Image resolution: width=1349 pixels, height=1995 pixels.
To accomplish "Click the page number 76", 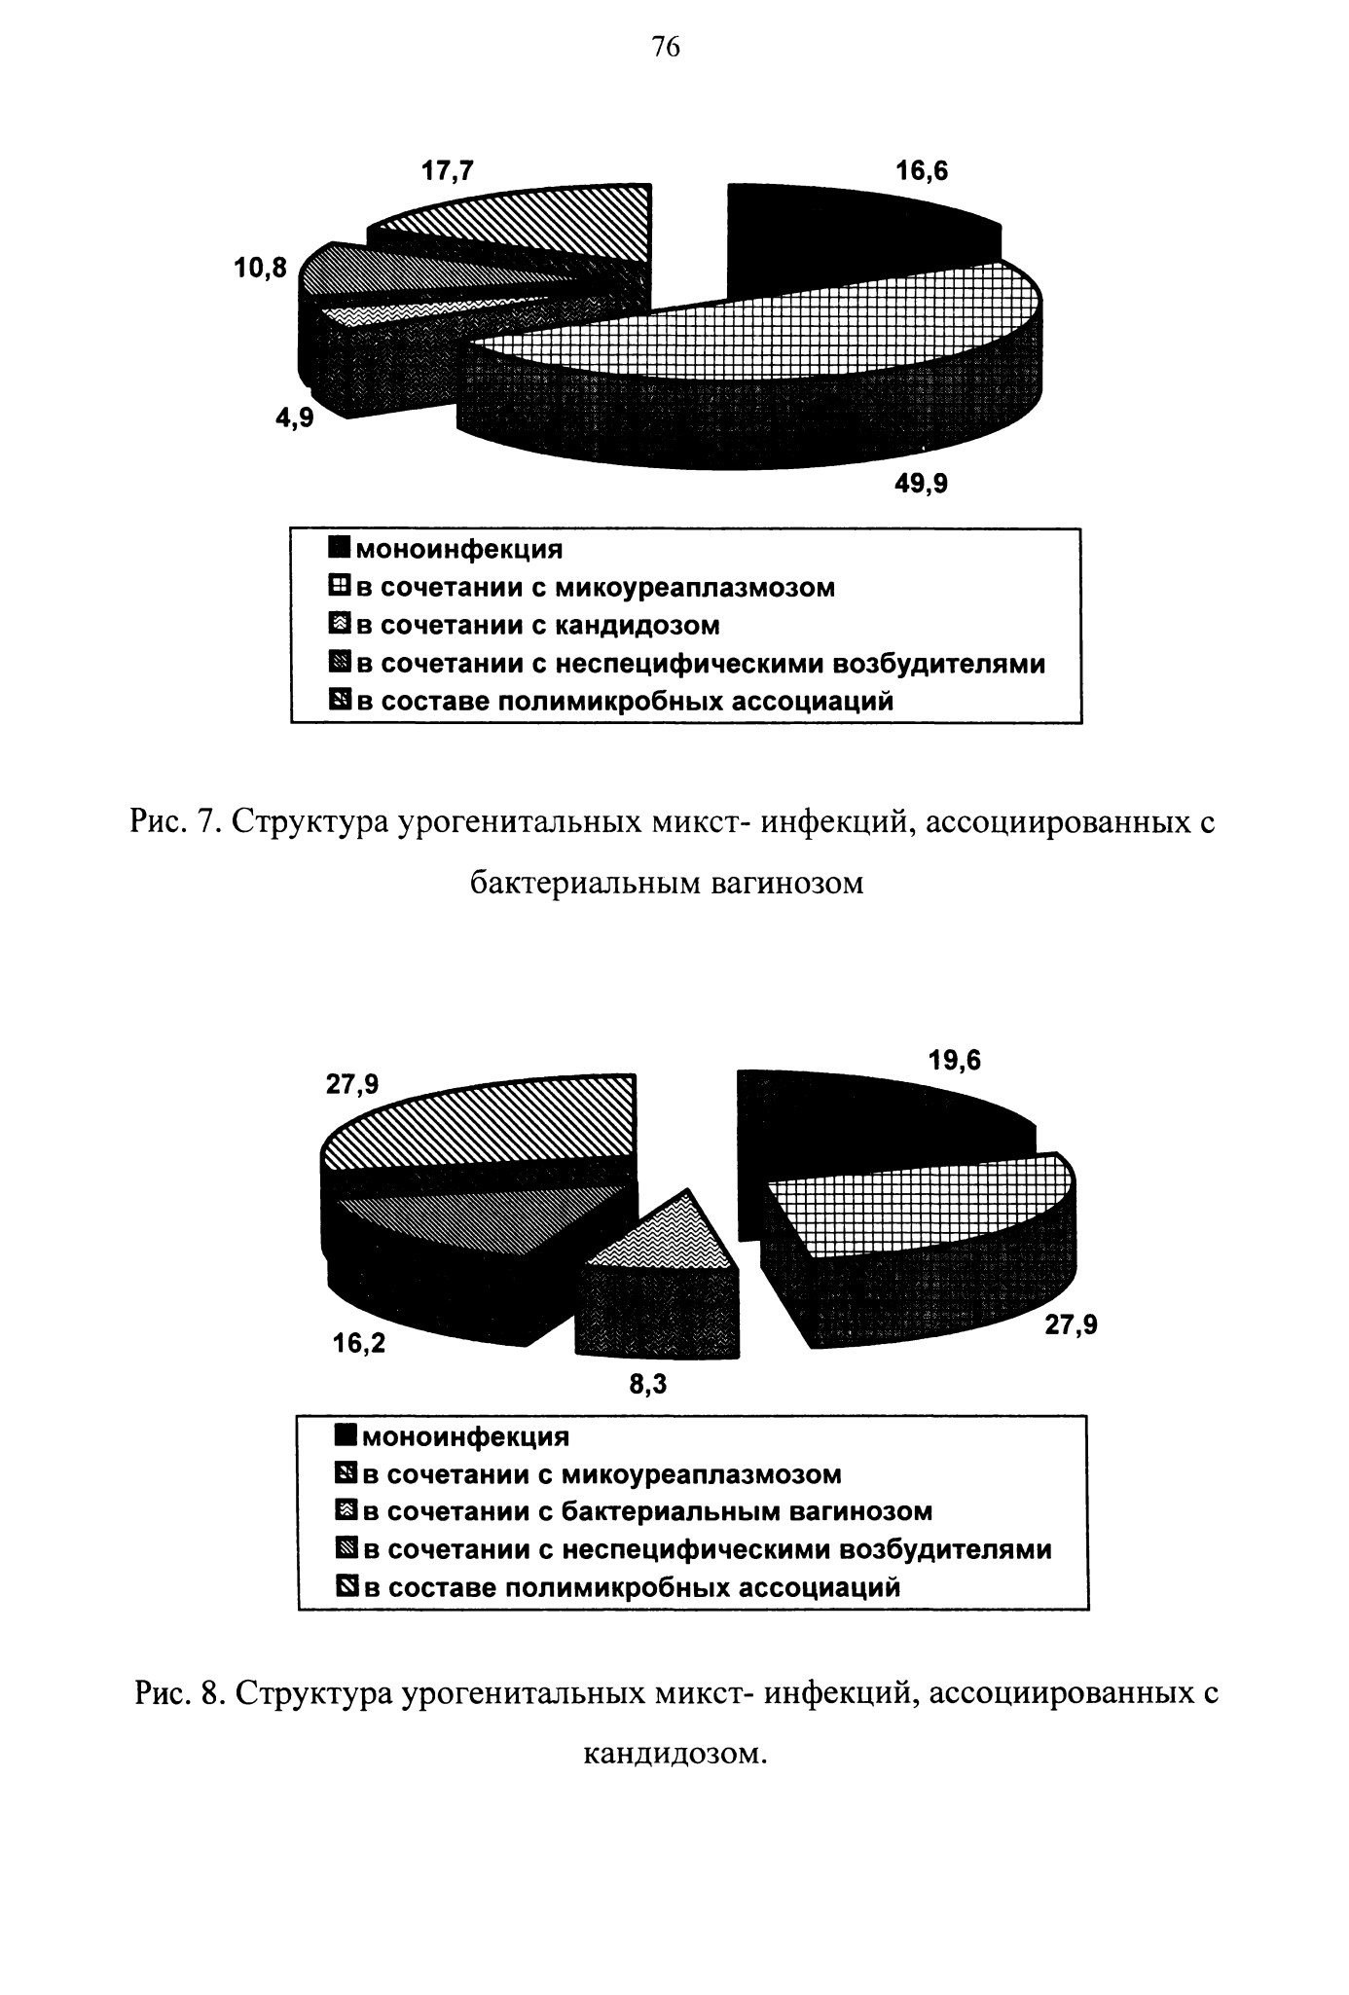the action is pos(666,48).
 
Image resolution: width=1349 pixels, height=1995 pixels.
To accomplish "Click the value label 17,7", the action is pos(448,171).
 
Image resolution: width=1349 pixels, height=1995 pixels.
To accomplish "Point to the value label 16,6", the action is pos(922,171).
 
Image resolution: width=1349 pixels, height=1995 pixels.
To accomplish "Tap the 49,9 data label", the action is pos(921,483).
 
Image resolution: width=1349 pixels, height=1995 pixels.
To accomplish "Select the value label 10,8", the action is pos(261,269).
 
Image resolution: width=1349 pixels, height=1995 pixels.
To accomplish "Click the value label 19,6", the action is pos(955,1061).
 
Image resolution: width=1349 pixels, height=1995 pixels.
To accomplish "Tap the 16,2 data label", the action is pos(358,1343).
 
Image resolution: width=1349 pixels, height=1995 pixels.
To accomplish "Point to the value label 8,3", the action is pos(648,1384).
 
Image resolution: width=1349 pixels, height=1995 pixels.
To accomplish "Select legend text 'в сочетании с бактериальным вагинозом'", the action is pos(647,1511).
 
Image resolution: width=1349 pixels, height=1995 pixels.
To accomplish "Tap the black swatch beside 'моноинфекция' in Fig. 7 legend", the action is pos(340,548).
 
